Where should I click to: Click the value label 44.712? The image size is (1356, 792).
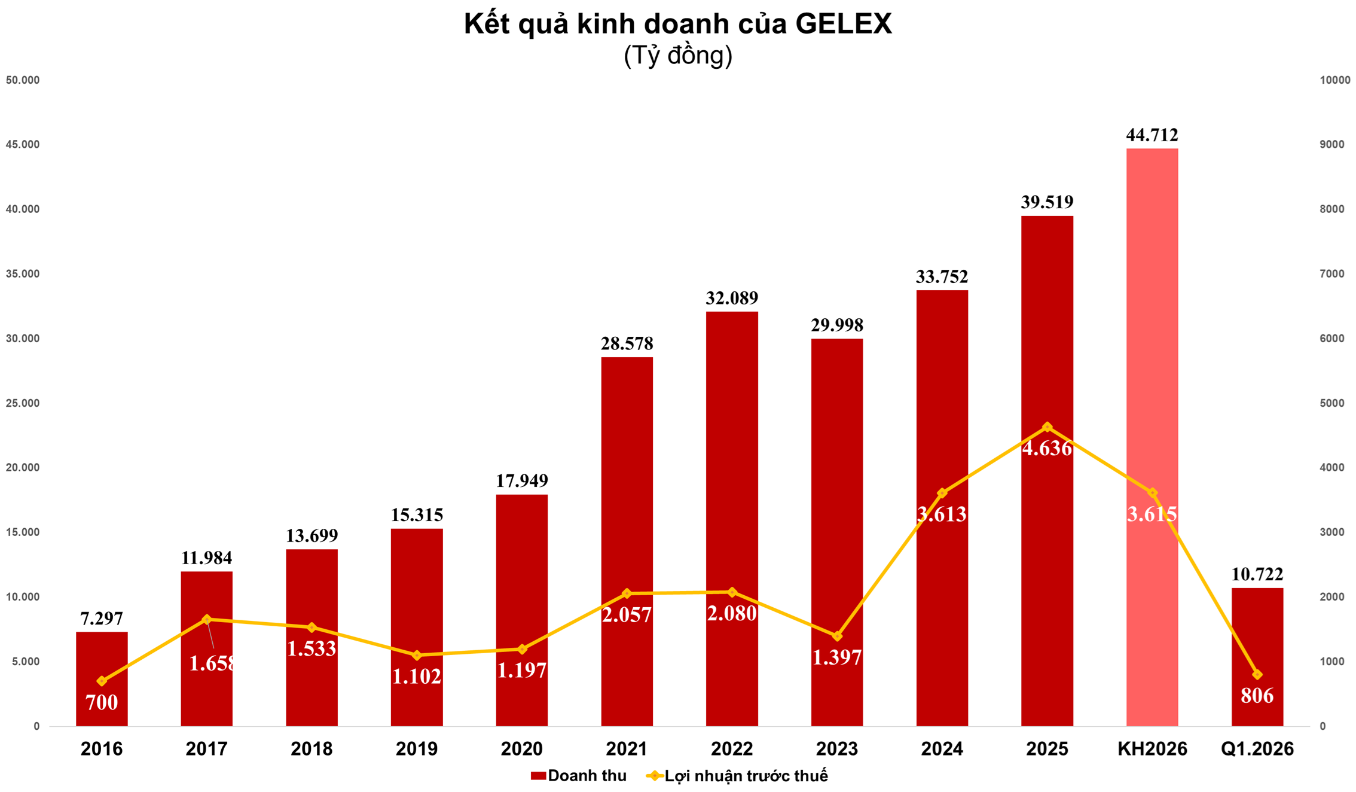(x=1152, y=135)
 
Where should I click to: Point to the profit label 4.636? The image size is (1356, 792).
(x=1047, y=449)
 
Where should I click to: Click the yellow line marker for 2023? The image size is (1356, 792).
(x=837, y=636)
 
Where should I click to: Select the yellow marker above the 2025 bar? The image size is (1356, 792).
(x=1047, y=427)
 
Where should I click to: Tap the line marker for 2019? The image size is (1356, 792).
(x=417, y=655)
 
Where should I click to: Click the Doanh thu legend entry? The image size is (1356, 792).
(x=578, y=776)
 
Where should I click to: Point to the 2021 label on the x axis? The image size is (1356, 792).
(x=627, y=748)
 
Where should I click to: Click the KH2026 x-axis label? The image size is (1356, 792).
(x=1152, y=748)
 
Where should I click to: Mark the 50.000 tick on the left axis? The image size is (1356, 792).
(x=23, y=80)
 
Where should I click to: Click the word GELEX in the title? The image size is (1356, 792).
(x=843, y=25)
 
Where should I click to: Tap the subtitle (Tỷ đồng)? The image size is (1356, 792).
(x=677, y=56)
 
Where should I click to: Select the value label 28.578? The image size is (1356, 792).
(x=627, y=344)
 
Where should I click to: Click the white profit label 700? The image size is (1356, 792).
(x=102, y=702)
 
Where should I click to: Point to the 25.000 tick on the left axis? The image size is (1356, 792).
(x=23, y=403)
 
